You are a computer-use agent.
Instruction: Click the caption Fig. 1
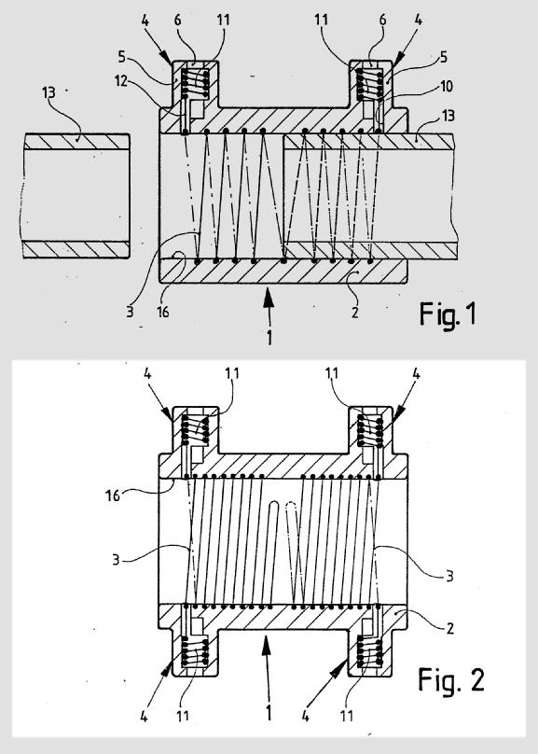coord(448,314)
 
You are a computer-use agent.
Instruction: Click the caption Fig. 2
coord(451,679)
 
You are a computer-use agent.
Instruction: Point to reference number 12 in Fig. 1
coord(121,81)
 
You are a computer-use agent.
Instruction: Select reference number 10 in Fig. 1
coord(447,86)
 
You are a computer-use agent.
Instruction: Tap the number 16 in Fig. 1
coord(163,312)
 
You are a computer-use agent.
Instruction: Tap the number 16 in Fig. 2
coord(113,496)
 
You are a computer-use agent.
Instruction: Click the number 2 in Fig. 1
coord(354,312)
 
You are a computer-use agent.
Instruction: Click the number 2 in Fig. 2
coord(449,628)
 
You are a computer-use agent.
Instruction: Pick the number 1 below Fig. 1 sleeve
coord(269,338)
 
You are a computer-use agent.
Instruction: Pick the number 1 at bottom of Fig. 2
coord(269,712)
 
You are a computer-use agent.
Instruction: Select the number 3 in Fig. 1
coord(130,312)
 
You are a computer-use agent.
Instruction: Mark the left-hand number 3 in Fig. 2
coord(116,560)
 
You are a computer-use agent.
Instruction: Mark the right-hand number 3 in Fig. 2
coord(449,576)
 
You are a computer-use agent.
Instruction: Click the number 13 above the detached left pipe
coord(48,92)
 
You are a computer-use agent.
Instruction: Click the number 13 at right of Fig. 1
coord(448,116)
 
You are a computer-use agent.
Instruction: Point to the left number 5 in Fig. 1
coord(121,57)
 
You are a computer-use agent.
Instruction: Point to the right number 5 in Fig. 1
coord(444,57)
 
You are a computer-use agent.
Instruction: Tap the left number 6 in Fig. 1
coord(178,20)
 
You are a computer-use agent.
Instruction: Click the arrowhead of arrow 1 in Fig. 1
coord(268,300)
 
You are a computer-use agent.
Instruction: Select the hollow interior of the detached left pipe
coord(76,196)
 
